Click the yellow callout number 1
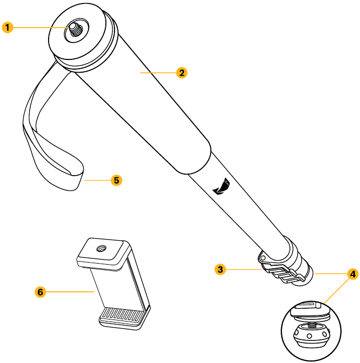click(x=7, y=28)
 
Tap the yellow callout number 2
click(x=182, y=73)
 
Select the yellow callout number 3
click(x=220, y=269)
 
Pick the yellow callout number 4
click(x=353, y=274)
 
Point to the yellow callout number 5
click(x=117, y=180)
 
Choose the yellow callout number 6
click(x=40, y=292)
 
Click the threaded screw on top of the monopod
click(x=76, y=30)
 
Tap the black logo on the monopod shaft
click(x=221, y=186)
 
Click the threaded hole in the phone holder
click(x=101, y=249)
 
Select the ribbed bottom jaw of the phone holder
click(x=122, y=317)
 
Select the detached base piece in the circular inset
click(x=311, y=335)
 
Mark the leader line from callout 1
click(x=41, y=28)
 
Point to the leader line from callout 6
click(x=70, y=292)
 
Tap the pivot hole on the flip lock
click(x=263, y=258)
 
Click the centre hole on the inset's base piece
click(x=309, y=336)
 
